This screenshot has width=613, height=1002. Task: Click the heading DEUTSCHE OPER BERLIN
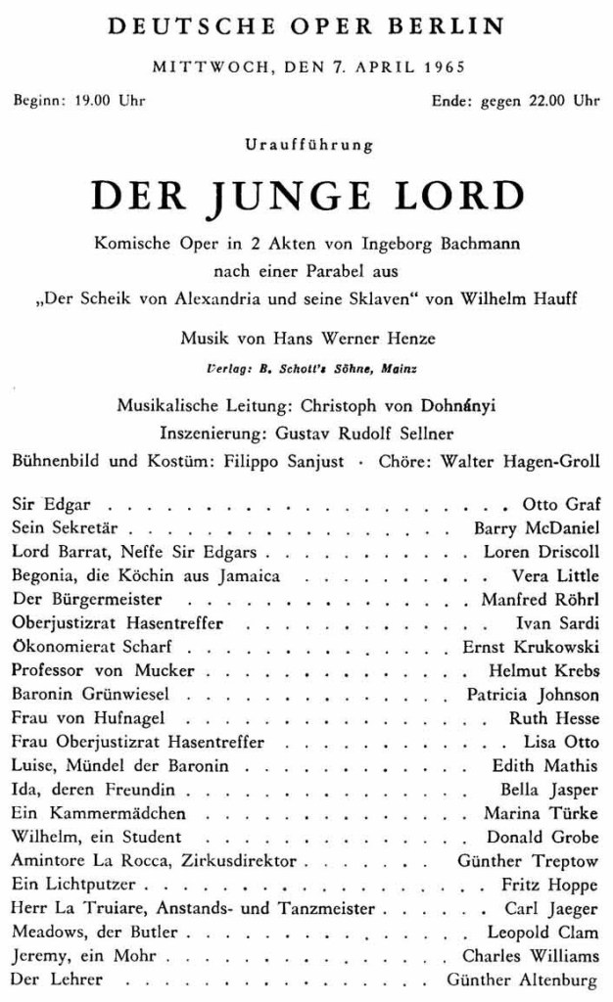(306, 26)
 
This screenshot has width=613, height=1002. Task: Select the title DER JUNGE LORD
(306, 197)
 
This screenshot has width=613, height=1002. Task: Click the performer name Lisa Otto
(562, 742)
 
